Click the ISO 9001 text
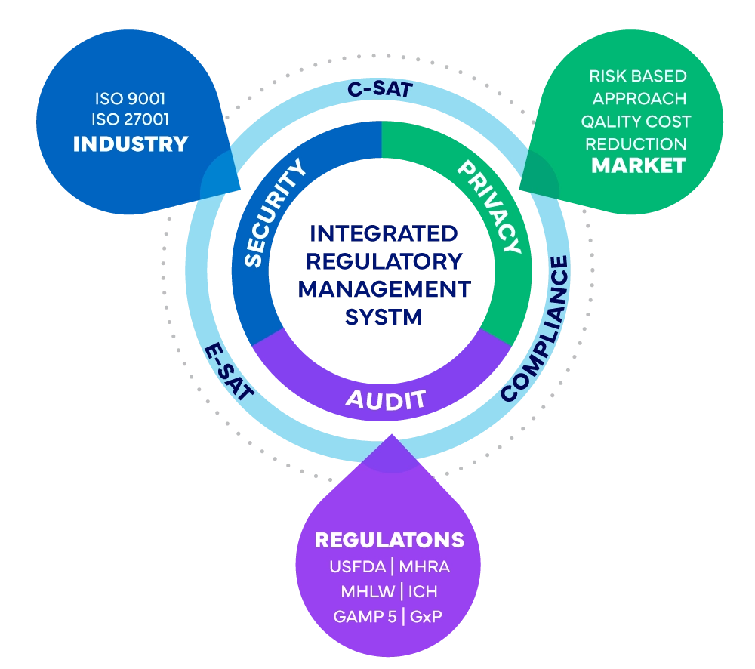[x=130, y=98]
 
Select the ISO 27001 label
[x=130, y=119]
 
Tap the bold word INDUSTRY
[x=130, y=144]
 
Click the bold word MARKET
[x=638, y=165]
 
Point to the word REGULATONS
[x=389, y=541]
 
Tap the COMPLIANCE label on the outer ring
[x=537, y=328]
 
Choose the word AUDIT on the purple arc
[x=385, y=398]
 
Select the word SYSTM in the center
[x=384, y=318]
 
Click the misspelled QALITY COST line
[x=636, y=121]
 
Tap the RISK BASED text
[x=638, y=76]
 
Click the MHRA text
[x=424, y=566]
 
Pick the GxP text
[x=426, y=616]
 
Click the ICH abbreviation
[x=423, y=591]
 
